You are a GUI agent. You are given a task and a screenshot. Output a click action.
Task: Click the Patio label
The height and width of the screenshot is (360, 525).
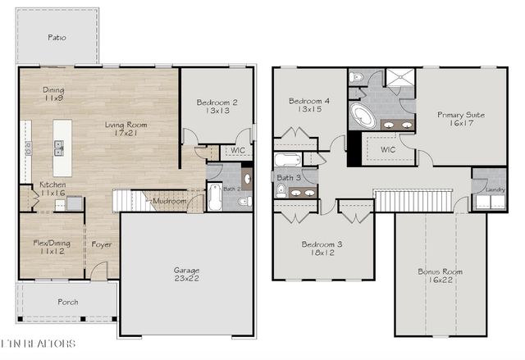57,38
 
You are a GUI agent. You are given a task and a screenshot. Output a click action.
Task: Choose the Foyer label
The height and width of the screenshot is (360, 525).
102,244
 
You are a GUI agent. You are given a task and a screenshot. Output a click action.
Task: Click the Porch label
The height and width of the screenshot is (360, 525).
67,302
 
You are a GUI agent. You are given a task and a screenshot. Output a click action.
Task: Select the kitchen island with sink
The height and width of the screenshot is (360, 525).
62,148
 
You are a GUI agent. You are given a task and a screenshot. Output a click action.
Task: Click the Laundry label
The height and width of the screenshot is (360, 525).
495,189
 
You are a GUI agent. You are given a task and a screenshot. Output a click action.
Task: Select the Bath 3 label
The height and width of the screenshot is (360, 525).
288,177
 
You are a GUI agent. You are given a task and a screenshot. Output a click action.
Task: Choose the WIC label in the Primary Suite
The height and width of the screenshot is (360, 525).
388,150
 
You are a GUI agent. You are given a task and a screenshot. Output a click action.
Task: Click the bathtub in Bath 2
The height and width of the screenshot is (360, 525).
215,197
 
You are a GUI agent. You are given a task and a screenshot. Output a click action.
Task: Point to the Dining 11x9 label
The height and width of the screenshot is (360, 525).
54,94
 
